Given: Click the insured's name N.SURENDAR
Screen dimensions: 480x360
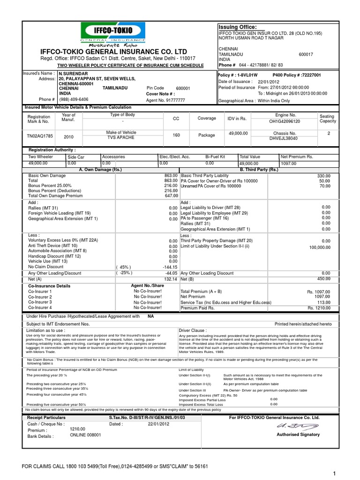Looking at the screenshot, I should pyautogui.click(x=74, y=74).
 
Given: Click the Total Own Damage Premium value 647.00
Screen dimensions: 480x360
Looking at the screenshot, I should pyautogui.click(x=170, y=195).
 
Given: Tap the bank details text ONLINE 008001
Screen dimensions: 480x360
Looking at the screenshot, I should pyautogui.click(x=85, y=435).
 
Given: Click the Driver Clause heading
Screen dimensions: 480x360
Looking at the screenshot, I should pyautogui.click(x=193, y=330).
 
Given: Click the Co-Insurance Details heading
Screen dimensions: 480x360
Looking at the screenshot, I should pyautogui.click(x=49, y=285).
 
